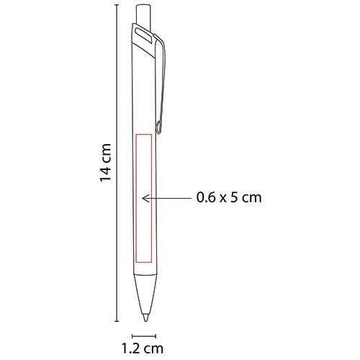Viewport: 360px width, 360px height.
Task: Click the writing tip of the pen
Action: (147, 314)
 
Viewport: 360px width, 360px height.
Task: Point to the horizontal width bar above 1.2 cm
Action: (144, 335)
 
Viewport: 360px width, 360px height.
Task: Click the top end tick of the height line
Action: (117, 6)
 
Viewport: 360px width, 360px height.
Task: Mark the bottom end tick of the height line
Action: (117, 319)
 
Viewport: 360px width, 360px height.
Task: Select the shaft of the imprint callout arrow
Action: (169, 196)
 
